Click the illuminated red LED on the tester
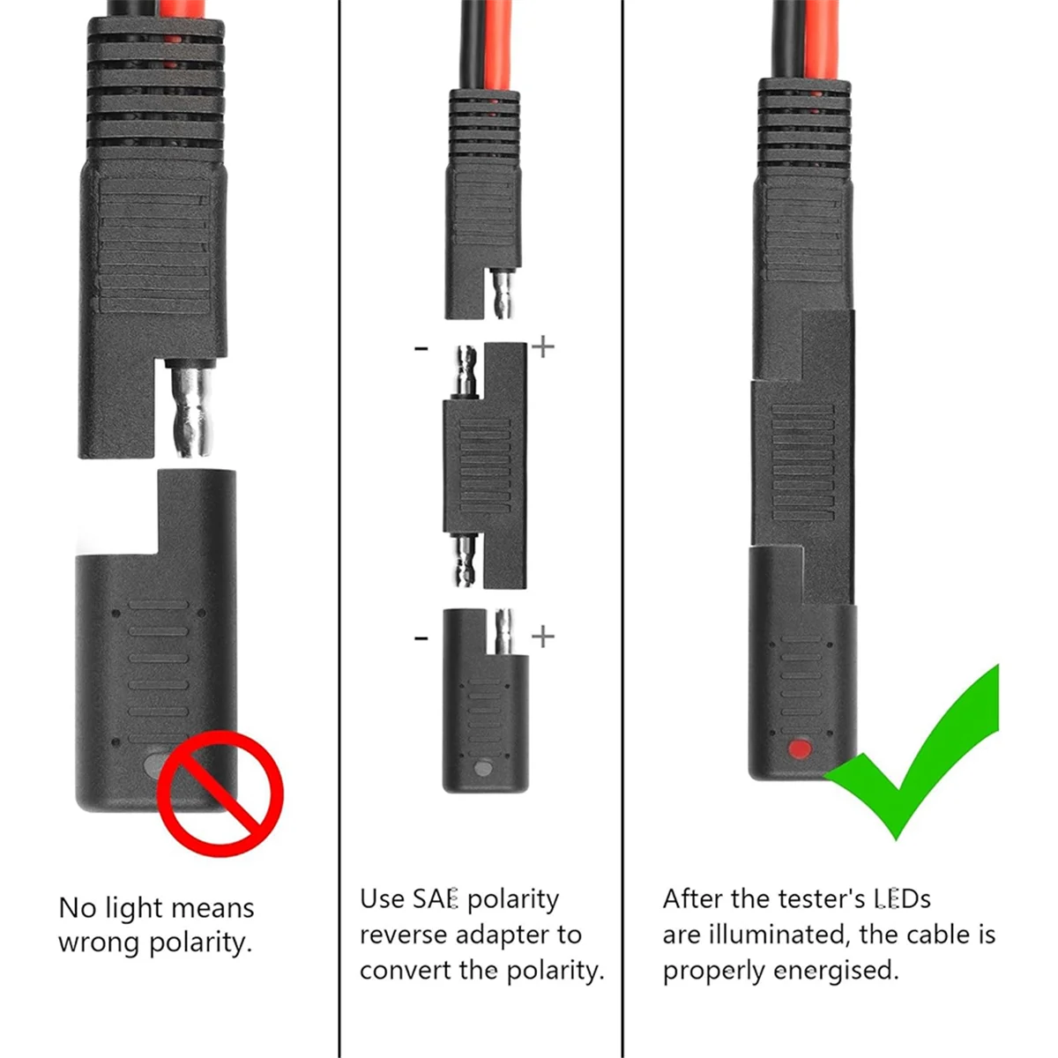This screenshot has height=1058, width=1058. coord(800,749)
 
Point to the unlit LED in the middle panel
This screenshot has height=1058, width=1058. coord(482,769)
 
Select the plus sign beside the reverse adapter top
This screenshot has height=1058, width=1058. coord(543,346)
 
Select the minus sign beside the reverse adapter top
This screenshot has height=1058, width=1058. coord(421,350)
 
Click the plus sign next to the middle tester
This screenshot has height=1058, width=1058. coord(543,636)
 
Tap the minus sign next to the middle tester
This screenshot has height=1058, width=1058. coord(421,637)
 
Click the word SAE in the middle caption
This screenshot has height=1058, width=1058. coord(436,899)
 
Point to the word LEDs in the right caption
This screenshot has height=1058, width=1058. coord(901,899)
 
